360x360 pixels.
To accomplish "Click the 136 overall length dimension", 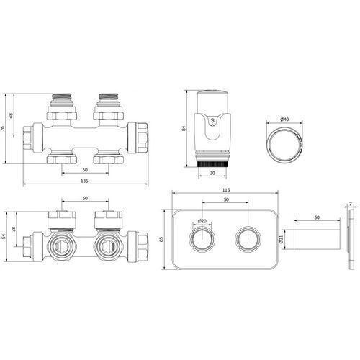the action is coord(84,181).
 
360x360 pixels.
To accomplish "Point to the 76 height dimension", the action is coord(3,128).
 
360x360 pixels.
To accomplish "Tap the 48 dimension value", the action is coord(11,116).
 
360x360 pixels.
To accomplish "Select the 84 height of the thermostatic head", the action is coord(184,128).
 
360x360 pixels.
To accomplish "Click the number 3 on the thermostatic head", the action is coord(212,121).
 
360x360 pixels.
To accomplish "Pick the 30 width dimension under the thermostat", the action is coord(212,173).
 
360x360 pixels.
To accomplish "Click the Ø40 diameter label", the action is coord(284,120).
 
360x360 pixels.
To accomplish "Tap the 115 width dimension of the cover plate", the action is coord(226,190).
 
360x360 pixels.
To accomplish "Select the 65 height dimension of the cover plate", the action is coord(161,239).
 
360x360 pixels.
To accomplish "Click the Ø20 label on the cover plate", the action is coord(202,221).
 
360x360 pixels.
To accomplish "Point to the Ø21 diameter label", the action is coord(282,239).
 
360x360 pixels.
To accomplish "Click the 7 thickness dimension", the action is coord(351,204).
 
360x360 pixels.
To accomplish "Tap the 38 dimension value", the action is coord(14,229).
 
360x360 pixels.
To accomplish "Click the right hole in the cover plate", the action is coord(248,239).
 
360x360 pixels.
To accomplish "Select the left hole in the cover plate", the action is coord(202,239).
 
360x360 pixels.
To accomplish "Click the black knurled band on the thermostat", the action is coord(212,164).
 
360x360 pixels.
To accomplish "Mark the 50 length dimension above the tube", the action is coord(317,217).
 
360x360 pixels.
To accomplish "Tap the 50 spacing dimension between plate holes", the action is coord(226,199).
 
